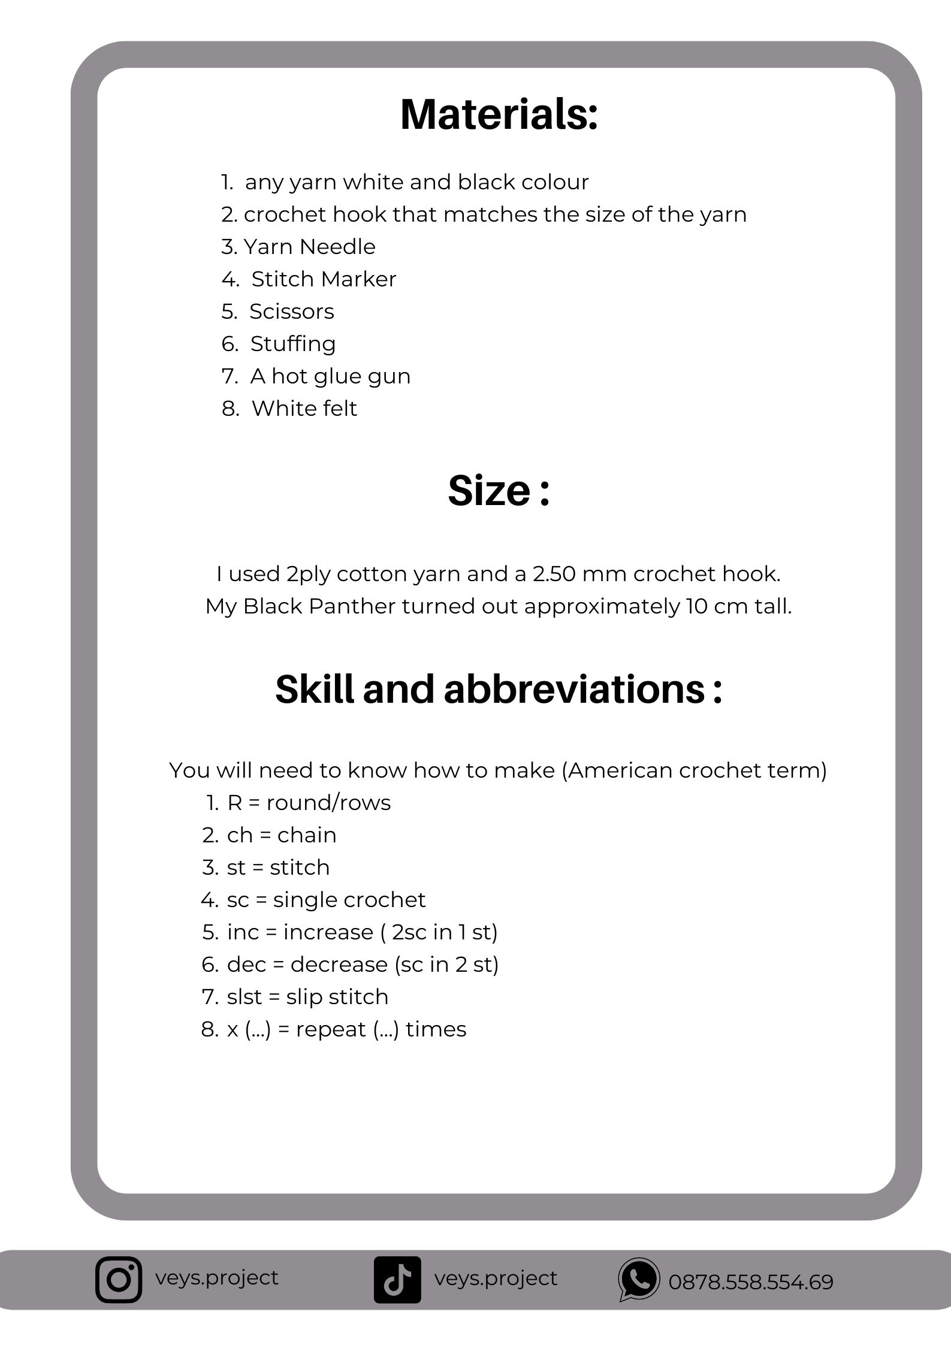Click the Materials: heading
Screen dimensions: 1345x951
pyautogui.click(x=499, y=114)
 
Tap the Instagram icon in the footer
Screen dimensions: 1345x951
pyautogui.click(x=119, y=1279)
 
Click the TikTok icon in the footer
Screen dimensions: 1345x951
pyautogui.click(x=397, y=1279)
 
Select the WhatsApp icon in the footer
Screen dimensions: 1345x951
pyautogui.click(x=639, y=1279)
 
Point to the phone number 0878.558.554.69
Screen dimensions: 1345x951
pyautogui.click(x=750, y=1282)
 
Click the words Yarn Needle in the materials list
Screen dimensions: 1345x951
pyautogui.click(x=309, y=247)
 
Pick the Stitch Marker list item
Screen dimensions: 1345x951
pyautogui.click(x=324, y=279)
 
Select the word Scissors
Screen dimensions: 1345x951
pyautogui.click(x=292, y=312)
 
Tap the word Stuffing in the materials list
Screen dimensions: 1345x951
pyautogui.click(x=293, y=344)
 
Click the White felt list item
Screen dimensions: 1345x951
pyautogui.click(x=304, y=409)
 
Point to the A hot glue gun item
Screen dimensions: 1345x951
pyautogui.click(x=330, y=376)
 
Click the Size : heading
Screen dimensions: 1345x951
pyautogui.click(x=499, y=491)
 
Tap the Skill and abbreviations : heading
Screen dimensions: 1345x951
pyautogui.click(x=499, y=689)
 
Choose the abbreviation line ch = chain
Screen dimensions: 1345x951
pyautogui.click(x=281, y=835)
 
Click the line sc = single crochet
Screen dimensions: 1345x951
pyautogui.click(x=326, y=900)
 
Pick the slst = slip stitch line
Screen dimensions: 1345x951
pyautogui.click(x=307, y=997)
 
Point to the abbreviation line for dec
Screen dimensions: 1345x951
pyautogui.click(x=363, y=965)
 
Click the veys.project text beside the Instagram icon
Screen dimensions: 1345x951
pyautogui.click(x=217, y=1277)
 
